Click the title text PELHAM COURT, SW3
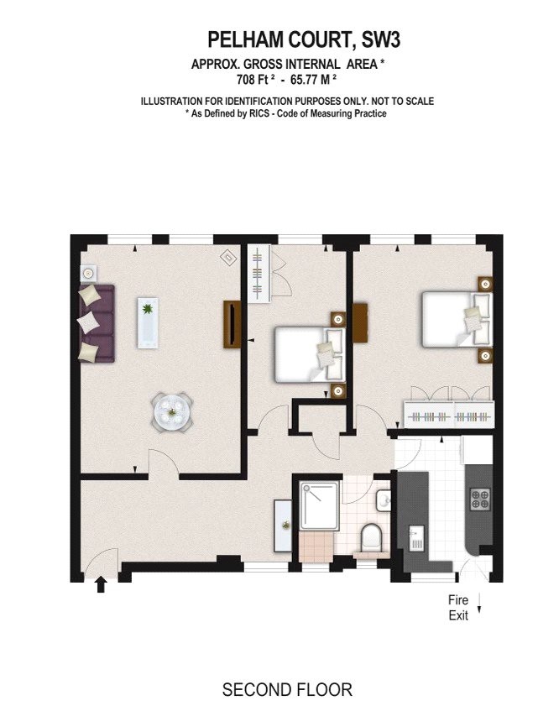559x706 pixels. (x=287, y=39)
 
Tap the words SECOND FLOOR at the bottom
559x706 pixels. (x=287, y=690)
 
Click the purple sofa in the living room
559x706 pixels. (x=96, y=323)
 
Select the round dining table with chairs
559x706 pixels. (x=171, y=411)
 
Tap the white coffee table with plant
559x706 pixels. (x=149, y=322)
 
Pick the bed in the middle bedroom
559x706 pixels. (x=310, y=353)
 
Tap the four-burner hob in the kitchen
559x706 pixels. (x=480, y=499)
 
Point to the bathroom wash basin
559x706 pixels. (x=384, y=501)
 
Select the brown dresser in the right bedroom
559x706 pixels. (x=362, y=324)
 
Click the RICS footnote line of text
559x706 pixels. (x=287, y=113)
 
